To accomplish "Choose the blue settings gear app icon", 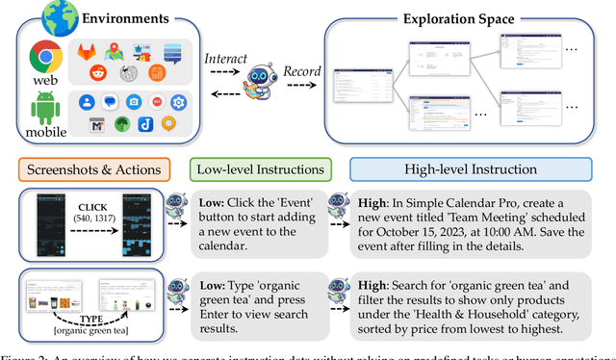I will (x=178, y=101).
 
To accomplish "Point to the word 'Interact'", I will (x=226, y=59).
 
